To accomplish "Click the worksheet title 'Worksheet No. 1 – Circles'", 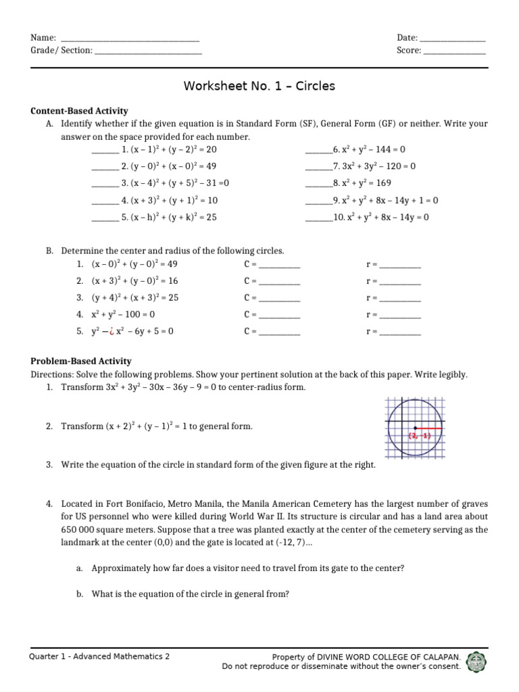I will tap(259, 86).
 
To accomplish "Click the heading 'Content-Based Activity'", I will tap(80, 111).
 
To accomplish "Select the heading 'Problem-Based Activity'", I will tap(81, 362).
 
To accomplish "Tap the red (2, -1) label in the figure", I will tap(419, 436).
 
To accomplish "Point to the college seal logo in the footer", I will tap(477, 662).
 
